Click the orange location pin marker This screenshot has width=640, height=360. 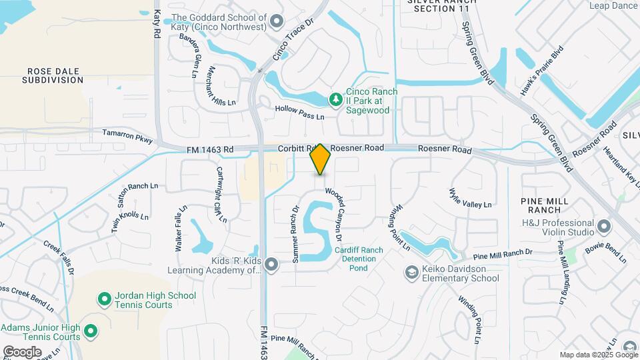coord(320,159)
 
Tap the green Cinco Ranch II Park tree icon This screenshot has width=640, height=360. coord(336,100)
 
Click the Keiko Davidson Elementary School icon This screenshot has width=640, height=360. coord(411,272)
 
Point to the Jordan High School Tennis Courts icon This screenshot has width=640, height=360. coord(104,299)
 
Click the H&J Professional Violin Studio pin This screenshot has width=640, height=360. coord(604,226)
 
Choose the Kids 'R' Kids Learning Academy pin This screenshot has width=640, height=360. coord(271,265)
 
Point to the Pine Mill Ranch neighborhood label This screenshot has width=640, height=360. coord(545,205)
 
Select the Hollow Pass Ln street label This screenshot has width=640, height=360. coord(299,112)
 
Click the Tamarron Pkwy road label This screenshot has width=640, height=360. coord(127,136)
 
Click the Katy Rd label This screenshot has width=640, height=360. coord(157,23)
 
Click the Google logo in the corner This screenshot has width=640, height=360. coord(22,351)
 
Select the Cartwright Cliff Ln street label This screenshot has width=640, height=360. coord(221,194)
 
